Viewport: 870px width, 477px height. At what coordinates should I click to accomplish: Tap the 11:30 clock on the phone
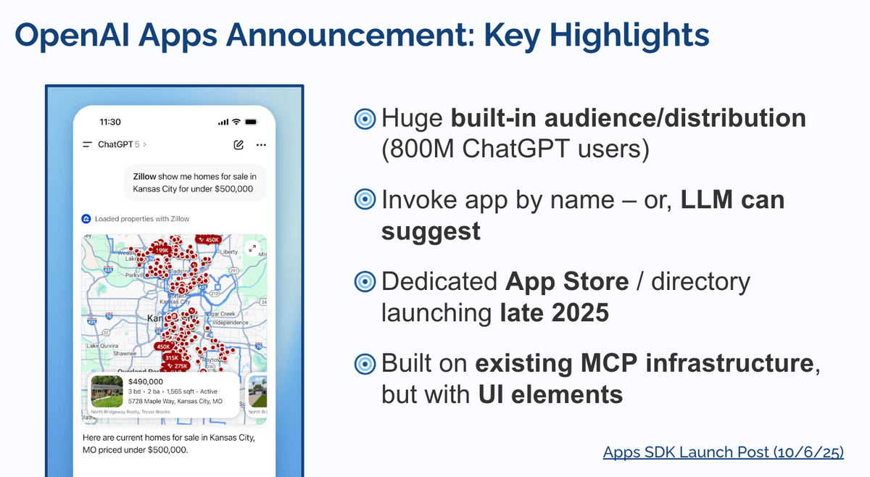tap(110, 122)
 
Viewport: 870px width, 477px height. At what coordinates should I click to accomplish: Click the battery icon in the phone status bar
tap(252, 122)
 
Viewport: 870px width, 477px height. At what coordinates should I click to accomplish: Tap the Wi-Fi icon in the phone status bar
tap(236, 122)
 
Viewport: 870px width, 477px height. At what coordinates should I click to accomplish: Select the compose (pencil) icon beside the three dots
tap(239, 145)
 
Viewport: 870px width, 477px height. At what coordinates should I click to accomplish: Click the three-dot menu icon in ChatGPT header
tap(261, 145)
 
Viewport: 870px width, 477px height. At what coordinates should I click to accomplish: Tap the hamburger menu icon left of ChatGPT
tap(87, 145)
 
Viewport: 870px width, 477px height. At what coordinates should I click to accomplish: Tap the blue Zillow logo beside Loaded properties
tap(86, 218)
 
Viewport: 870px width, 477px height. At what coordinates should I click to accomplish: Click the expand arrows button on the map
tap(252, 248)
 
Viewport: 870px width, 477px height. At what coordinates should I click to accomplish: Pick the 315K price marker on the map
tap(172, 357)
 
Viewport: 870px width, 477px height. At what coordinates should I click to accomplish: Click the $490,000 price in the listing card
tap(145, 381)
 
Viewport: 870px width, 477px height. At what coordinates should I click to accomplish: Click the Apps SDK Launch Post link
tap(723, 452)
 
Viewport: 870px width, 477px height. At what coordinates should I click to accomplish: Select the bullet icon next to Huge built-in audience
tap(365, 120)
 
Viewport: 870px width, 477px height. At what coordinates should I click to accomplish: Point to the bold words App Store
tap(556, 282)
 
